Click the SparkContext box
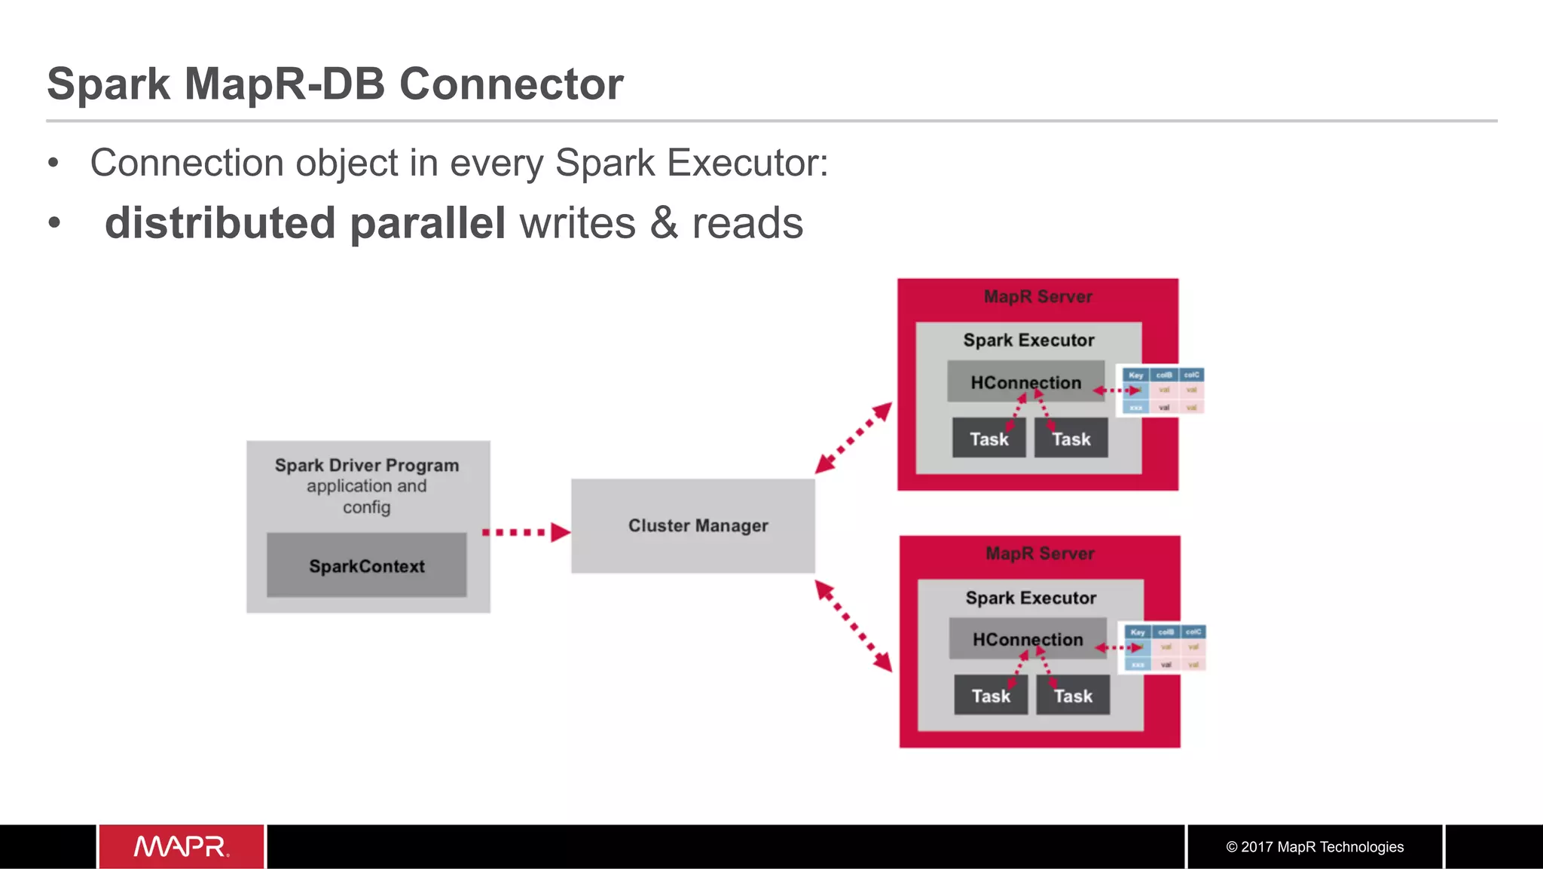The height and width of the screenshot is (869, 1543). click(x=366, y=565)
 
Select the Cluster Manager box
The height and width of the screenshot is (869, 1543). click(x=693, y=525)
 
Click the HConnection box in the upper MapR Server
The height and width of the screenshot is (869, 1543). click(x=1025, y=382)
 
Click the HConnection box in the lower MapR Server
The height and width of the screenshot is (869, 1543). click(x=1028, y=639)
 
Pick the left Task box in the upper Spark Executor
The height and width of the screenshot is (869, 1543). click(x=988, y=439)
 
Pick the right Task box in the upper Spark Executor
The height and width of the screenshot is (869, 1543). click(x=1071, y=439)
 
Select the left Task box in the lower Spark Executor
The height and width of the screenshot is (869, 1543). click(x=991, y=696)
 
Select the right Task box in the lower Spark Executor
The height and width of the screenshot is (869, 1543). click(x=1073, y=696)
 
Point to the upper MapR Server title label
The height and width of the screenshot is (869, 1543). click(x=1037, y=296)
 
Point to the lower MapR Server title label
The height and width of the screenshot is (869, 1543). click(x=1040, y=553)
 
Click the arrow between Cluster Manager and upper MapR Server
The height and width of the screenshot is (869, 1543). click(x=854, y=437)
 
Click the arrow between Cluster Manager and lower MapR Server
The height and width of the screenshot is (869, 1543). click(x=854, y=625)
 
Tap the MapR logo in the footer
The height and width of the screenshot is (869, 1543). click(x=182, y=846)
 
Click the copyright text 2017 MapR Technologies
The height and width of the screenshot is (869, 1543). click(x=1315, y=846)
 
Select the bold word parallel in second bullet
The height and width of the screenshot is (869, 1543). click(x=427, y=223)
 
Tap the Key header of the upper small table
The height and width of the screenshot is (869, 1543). click(x=1135, y=375)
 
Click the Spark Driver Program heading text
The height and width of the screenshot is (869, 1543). click(x=367, y=465)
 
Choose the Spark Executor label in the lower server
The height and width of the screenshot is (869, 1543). click(x=1031, y=598)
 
